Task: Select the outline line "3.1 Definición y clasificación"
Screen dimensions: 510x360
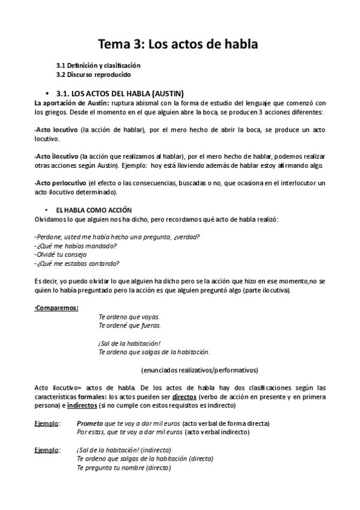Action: click(98, 65)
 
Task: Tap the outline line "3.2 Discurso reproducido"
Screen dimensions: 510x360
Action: click(93, 75)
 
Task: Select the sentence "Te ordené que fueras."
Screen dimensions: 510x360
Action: click(129, 325)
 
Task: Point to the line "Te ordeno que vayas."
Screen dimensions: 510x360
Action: click(129, 316)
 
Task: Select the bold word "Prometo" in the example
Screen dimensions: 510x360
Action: click(90, 423)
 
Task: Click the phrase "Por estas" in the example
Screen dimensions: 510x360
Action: click(90, 432)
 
